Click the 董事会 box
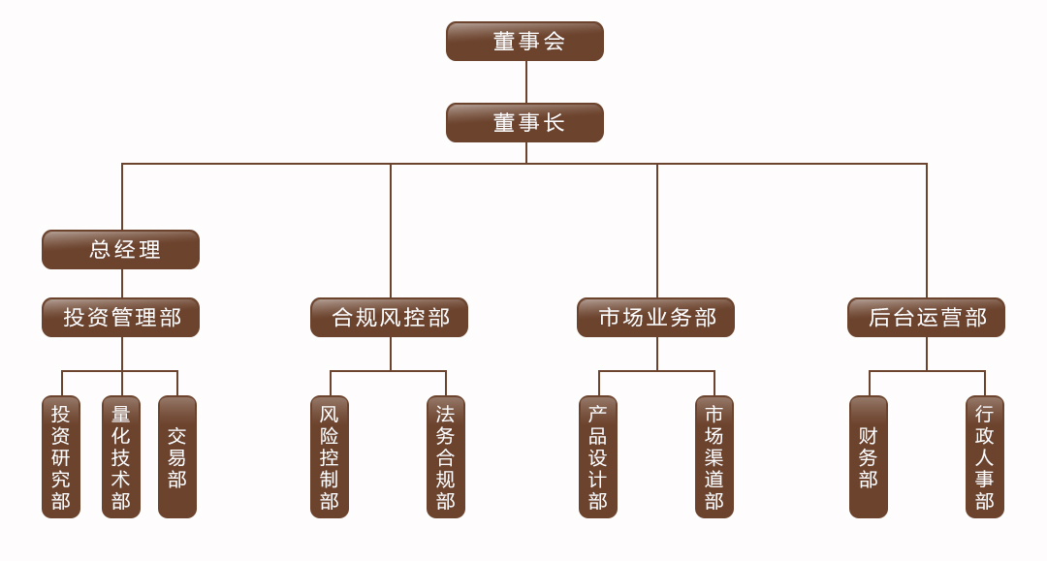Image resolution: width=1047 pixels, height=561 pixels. pos(524,41)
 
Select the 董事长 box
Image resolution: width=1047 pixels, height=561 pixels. pos(524,123)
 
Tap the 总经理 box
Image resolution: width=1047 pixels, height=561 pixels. pos(120,249)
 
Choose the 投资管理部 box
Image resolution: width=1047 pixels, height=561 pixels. pos(120,317)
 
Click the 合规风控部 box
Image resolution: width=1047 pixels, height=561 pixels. pos(389,317)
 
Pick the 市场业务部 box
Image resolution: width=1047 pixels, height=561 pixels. pos(655,317)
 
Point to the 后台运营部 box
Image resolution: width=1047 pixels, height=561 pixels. pos(926,317)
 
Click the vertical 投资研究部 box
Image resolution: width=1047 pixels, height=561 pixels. pos(61,456)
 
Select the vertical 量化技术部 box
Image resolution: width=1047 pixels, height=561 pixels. pos(121,456)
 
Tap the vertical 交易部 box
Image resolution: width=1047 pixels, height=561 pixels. pos(177,456)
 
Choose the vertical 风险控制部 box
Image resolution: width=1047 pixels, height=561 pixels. pos(330,456)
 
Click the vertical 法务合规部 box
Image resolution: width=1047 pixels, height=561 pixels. pos(446,456)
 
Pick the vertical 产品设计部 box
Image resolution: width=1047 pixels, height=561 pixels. pos(598,456)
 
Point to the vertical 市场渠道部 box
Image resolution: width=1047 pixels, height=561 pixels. pos(714,456)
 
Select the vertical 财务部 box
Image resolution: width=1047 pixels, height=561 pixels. pos(869,456)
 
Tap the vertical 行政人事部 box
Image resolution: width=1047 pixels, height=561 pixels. pos(985,456)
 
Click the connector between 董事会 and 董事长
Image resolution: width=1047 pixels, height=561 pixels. pos(526,81)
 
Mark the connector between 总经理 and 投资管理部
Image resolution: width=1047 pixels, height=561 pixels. pos(122,283)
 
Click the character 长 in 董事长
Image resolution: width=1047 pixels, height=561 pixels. pos(554,123)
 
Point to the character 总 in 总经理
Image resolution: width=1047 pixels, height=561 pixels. pos(100,249)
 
